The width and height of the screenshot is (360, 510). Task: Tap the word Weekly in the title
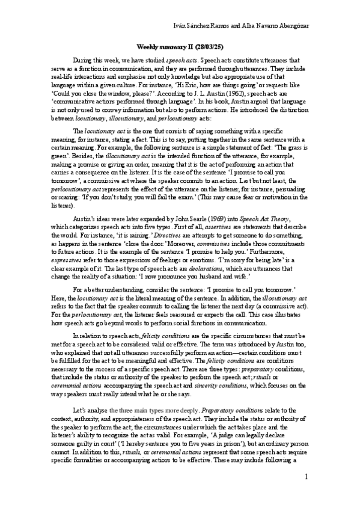[147, 46]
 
